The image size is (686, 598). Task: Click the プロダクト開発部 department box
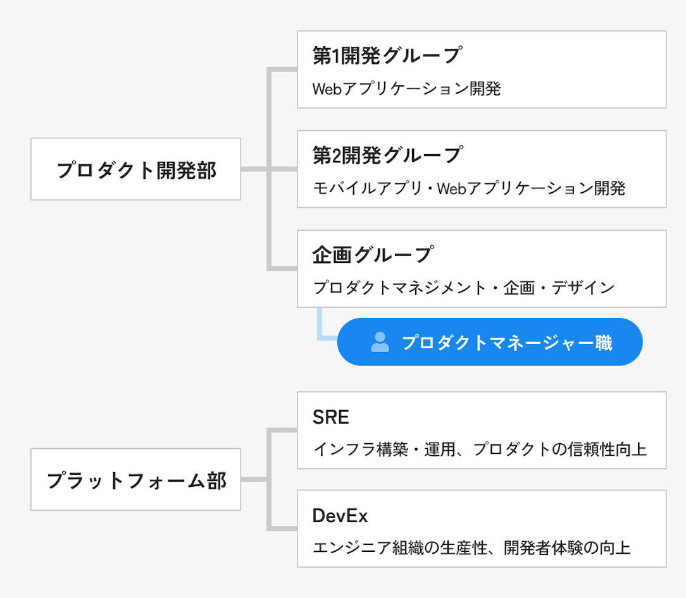pos(135,169)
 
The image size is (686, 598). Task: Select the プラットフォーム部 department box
pos(135,480)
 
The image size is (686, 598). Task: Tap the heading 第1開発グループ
pos(387,56)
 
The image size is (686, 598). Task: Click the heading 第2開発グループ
pos(387,155)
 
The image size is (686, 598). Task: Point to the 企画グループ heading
pos(373,255)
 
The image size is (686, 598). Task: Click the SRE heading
pos(331,417)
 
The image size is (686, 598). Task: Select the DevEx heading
pos(340,516)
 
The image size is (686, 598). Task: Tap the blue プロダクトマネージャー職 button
pos(490,342)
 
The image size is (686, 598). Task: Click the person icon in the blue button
pos(380,342)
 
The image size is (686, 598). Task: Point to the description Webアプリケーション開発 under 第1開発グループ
pos(406,88)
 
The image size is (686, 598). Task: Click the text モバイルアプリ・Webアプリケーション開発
pos(469,188)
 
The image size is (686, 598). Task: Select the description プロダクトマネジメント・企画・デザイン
pos(464,288)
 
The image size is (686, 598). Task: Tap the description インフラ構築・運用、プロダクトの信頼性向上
pos(480,449)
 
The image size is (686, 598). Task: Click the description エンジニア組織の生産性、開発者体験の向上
pos(471,547)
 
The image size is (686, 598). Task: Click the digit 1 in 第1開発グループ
pos(336,56)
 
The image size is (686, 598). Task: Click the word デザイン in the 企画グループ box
pos(583,288)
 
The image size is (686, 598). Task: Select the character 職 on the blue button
pos(604,343)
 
